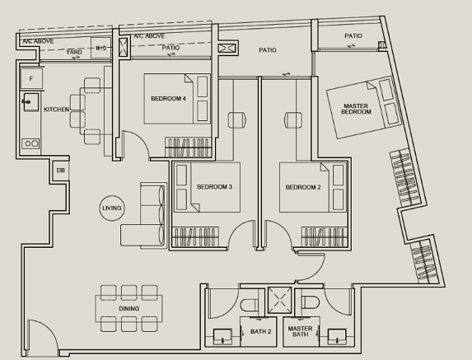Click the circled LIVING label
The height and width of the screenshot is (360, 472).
(x=112, y=208)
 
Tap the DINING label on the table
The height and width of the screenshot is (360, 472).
(x=129, y=309)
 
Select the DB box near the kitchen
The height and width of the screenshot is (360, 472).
(x=60, y=171)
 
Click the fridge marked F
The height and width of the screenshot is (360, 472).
(x=31, y=79)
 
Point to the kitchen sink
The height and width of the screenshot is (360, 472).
(x=30, y=102)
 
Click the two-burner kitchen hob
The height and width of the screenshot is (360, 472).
(x=30, y=143)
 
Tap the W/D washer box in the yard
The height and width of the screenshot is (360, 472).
(x=100, y=48)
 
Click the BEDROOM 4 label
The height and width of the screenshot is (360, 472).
(x=168, y=99)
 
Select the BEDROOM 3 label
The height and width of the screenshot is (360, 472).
(x=214, y=187)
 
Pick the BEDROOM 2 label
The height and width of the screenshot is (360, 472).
(x=303, y=187)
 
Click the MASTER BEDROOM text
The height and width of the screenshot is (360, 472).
(x=356, y=109)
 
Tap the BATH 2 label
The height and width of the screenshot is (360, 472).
(x=260, y=331)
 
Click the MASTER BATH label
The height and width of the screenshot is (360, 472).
(x=301, y=331)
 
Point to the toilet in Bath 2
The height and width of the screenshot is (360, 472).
(x=250, y=305)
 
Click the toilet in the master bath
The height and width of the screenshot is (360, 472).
(x=310, y=302)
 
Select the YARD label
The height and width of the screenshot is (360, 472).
(x=74, y=52)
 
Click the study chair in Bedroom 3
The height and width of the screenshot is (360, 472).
(x=237, y=119)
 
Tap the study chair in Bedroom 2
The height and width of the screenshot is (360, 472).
(x=293, y=119)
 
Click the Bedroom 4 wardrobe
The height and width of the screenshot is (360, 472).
(x=188, y=147)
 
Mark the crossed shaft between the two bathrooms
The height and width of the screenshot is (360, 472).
(x=279, y=300)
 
